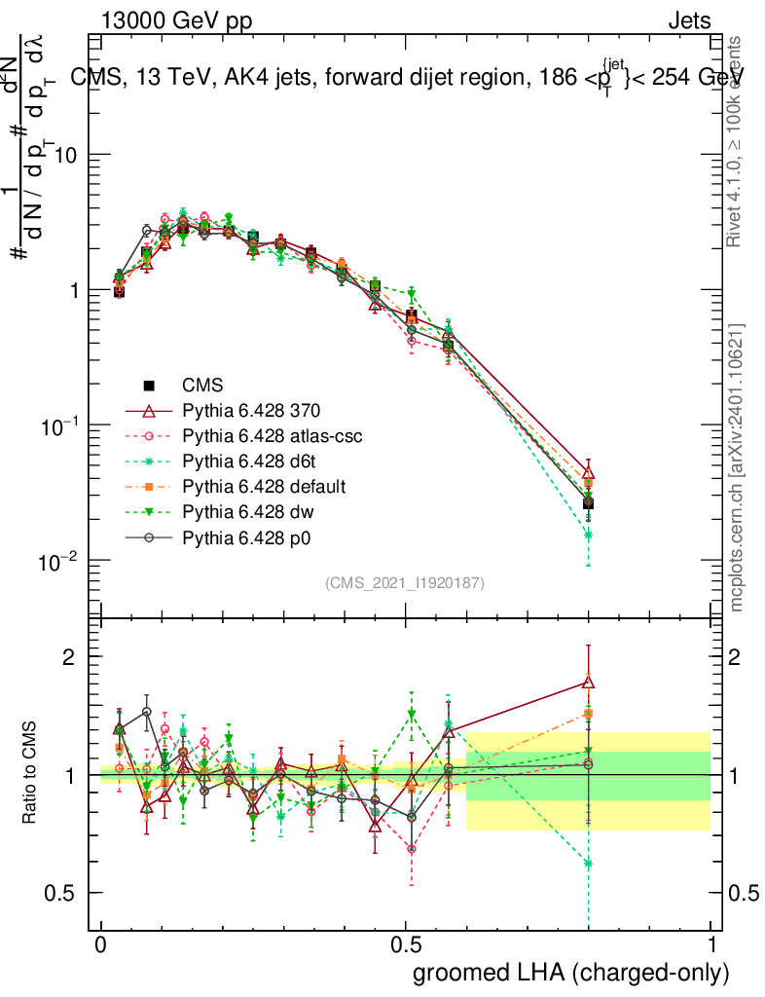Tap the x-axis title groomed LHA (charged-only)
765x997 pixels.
[571, 972]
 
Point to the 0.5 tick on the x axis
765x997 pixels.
[406, 945]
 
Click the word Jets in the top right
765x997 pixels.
[689, 20]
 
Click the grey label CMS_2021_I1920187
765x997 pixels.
[405, 582]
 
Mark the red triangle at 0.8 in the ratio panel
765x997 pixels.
[588, 682]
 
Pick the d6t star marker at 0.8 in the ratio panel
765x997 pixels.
[588, 863]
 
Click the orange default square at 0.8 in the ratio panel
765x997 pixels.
[588, 713]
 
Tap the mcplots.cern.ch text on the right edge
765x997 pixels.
[737, 467]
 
